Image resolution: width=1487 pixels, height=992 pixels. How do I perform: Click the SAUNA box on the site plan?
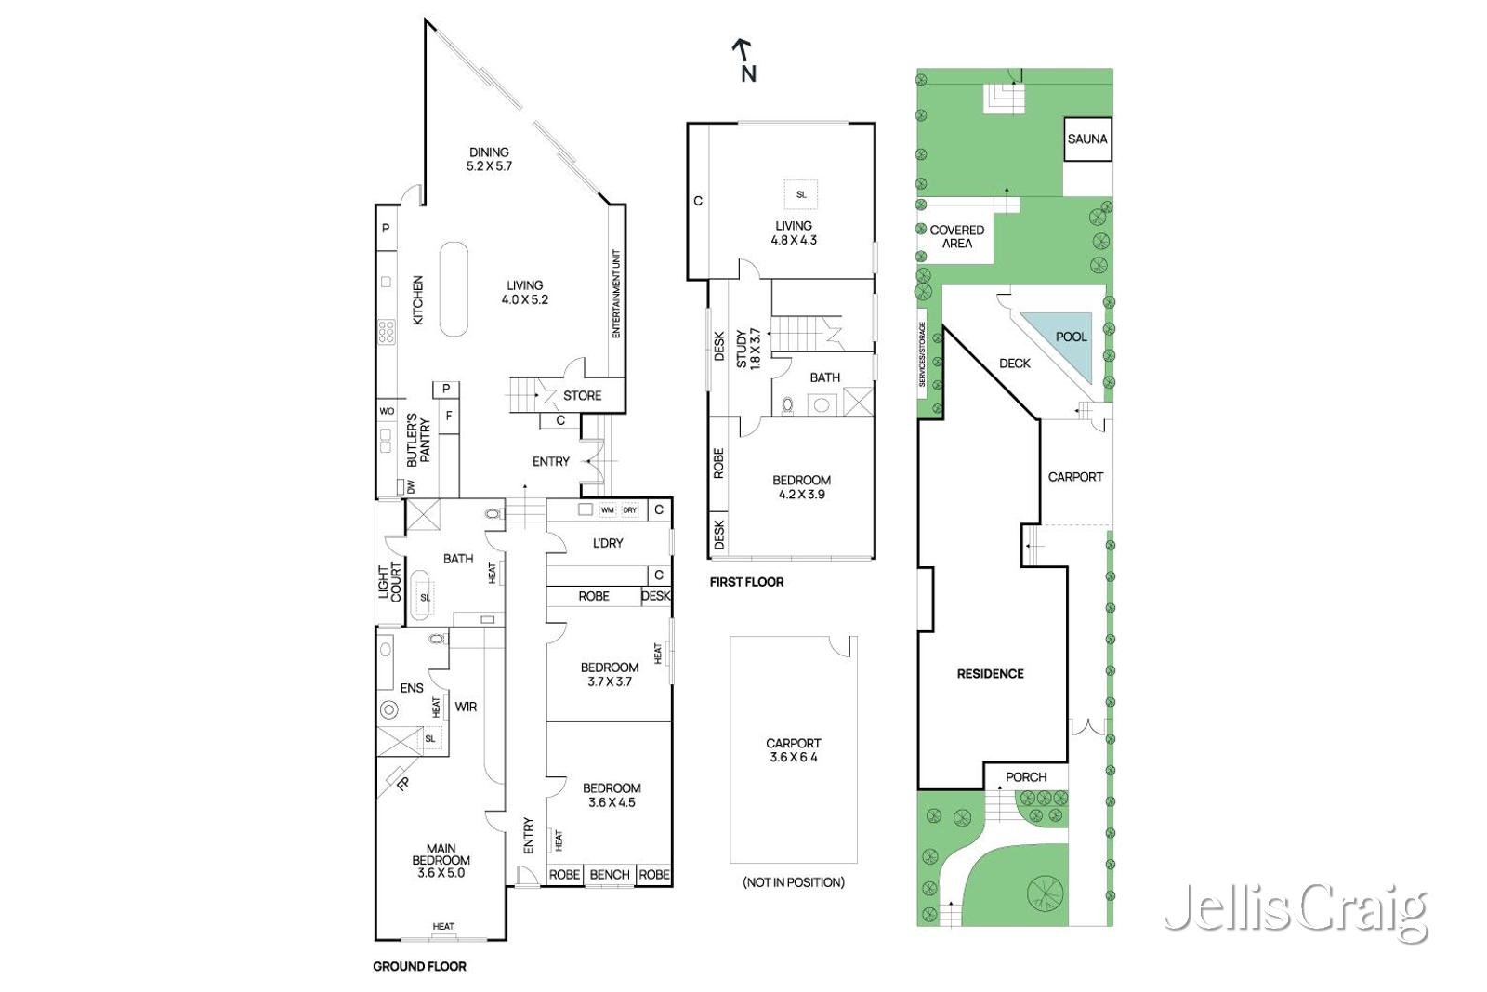tap(1086, 139)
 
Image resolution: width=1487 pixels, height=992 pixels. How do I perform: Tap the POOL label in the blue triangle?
tap(1071, 337)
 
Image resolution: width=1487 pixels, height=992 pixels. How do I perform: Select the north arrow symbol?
tap(744, 60)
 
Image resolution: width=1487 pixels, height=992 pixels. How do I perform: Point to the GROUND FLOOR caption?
tap(419, 966)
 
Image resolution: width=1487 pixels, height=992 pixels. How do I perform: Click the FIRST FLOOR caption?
tap(746, 582)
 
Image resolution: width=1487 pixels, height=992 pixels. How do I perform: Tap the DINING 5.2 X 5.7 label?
tap(489, 159)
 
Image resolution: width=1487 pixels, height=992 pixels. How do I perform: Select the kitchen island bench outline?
tap(454, 289)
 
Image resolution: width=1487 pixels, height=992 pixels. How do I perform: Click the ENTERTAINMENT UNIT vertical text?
tap(616, 294)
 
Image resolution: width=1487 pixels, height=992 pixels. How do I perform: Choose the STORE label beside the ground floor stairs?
tap(582, 395)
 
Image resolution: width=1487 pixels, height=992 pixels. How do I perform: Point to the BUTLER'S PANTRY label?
tap(418, 441)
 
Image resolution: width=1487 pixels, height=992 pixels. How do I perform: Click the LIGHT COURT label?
tap(389, 581)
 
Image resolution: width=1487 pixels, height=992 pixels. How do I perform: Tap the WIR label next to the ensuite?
tap(466, 707)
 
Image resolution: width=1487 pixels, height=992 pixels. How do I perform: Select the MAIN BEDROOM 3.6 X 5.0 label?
tap(441, 860)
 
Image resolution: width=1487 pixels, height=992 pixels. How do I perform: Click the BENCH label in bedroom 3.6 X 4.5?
tap(610, 874)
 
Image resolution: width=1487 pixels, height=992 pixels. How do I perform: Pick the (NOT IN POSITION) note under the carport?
tap(793, 881)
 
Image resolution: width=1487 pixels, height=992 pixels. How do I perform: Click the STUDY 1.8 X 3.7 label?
tap(747, 349)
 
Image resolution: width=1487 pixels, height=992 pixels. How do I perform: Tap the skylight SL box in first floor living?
tap(800, 194)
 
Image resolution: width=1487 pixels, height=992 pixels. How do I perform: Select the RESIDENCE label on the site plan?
tap(990, 673)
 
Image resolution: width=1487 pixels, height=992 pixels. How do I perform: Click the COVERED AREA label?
tap(956, 236)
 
